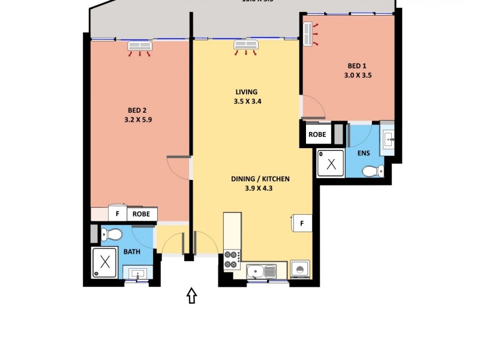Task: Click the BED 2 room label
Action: click(137, 110)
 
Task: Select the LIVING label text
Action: click(246, 92)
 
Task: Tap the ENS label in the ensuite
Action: click(364, 153)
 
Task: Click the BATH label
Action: click(132, 251)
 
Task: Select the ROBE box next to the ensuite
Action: click(317, 134)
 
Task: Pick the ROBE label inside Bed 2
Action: click(142, 214)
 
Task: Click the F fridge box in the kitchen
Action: click(302, 223)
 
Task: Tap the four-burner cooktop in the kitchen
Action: click(232, 259)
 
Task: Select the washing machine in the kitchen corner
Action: click(300, 269)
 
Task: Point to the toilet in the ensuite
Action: click(372, 172)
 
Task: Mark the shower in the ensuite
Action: click(331, 163)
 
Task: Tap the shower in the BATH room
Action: click(106, 263)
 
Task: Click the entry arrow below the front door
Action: click(191, 295)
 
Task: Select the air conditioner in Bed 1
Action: click(309, 34)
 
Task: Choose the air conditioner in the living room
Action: click(245, 46)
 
